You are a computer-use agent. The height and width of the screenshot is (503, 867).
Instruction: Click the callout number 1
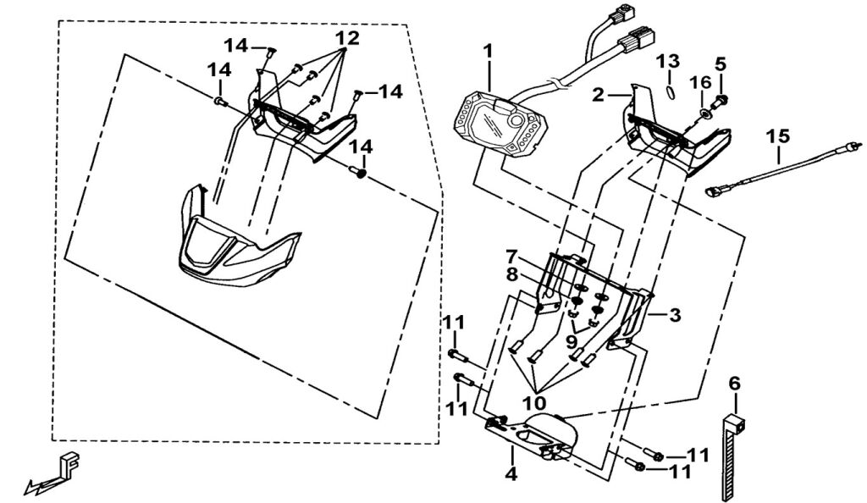[488, 52]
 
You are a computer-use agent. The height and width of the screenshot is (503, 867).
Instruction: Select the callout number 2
[599, 96]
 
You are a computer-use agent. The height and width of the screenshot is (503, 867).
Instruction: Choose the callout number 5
[721, 64]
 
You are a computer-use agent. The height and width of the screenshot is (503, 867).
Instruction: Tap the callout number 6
[734, 384]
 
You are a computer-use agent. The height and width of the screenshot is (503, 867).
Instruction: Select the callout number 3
[675, 316]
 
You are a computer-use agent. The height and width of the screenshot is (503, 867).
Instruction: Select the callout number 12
[347, 38]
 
